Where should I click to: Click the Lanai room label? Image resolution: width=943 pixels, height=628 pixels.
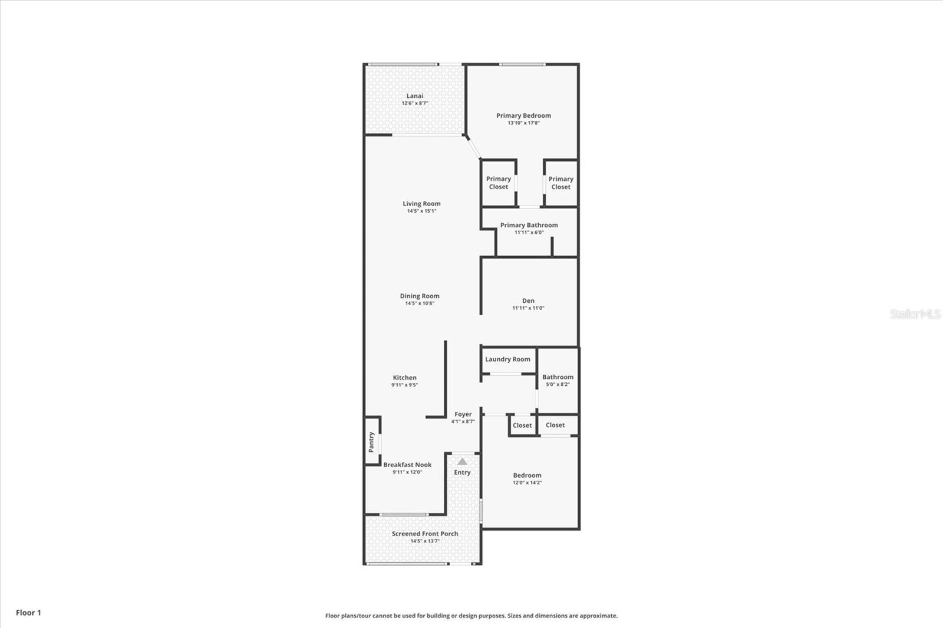[415, 96]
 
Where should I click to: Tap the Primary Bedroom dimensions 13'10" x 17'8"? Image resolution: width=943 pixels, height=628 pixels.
[523, 123]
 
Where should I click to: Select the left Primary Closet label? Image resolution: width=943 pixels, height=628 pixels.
[499, 183]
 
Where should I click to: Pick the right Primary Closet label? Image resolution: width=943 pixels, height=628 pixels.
[560, 183]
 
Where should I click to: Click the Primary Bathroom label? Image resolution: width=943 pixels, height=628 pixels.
[529, 225]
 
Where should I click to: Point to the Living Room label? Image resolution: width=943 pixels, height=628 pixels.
[421, 204]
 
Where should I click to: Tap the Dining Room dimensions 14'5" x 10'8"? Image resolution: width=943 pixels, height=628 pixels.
[420, 303]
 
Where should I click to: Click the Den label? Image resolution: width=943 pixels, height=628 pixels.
[528, 300]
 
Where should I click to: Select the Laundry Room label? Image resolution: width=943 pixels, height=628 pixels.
[507, 359]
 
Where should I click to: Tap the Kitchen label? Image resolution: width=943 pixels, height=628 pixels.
[404, 378]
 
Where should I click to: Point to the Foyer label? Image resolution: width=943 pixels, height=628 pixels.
[463, 414]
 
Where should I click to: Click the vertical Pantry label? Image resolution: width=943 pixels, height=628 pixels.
[371, 442]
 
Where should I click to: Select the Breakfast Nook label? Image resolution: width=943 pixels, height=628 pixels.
[407, 465]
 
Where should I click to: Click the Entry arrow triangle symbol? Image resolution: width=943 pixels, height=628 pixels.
[462, 461]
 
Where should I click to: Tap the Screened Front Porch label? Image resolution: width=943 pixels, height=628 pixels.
[425, 534]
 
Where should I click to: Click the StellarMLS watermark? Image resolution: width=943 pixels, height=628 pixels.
[915, 314]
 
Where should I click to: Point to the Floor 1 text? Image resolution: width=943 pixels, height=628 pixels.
[28, 613]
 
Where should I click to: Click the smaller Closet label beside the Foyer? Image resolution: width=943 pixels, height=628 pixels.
[522, 425]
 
